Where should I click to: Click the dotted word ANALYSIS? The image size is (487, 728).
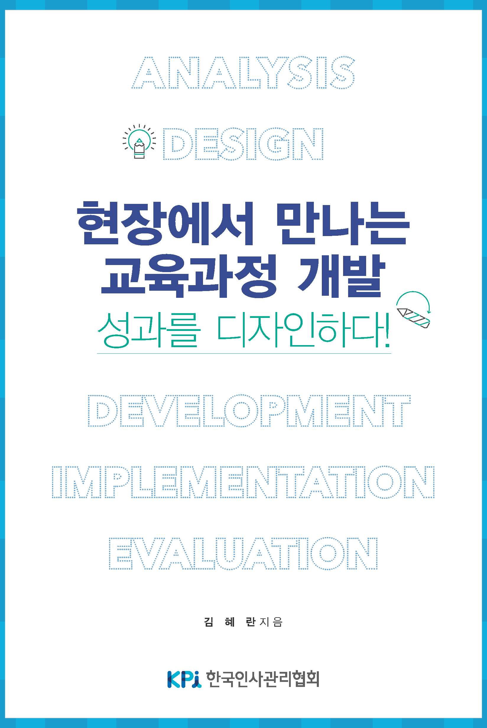243,73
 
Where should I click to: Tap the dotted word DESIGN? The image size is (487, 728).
243,144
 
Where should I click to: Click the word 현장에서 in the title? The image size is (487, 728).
165,224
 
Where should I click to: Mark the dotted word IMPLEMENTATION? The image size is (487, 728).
243,482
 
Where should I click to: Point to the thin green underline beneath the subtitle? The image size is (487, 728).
244,353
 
